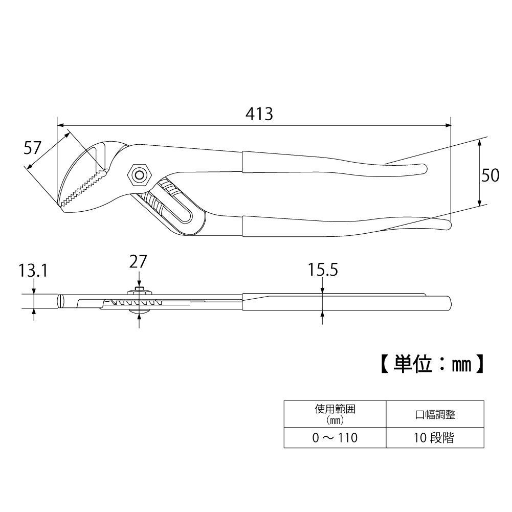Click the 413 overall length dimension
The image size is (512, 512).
[258, 114]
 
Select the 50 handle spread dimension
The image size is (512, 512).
[491, 175]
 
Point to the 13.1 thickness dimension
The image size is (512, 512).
[33, 271]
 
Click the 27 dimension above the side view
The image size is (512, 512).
[138, 261]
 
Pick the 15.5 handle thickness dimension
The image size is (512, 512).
[323, 270]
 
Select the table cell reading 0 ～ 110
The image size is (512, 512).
[336, 438]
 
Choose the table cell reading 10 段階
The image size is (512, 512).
[435, 438]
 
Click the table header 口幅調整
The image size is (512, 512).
[435, 414]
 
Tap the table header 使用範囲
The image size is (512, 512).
[336, 410]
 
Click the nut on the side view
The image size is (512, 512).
[139, 292]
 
